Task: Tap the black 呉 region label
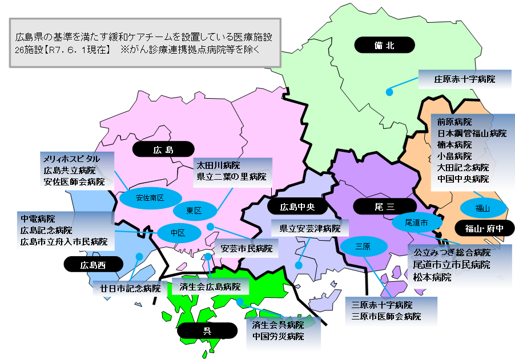coord(206,330)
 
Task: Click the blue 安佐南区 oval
coord(150,198)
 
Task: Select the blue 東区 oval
coord(194,211)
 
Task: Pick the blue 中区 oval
coord(179,232)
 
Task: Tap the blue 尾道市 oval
coord(416,221)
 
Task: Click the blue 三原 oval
coord(363,246)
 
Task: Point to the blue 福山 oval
coord(483,208)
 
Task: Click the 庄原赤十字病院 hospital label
coord(464,79)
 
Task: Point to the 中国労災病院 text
coord(278,336)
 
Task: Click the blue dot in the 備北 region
coord(389,91)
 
